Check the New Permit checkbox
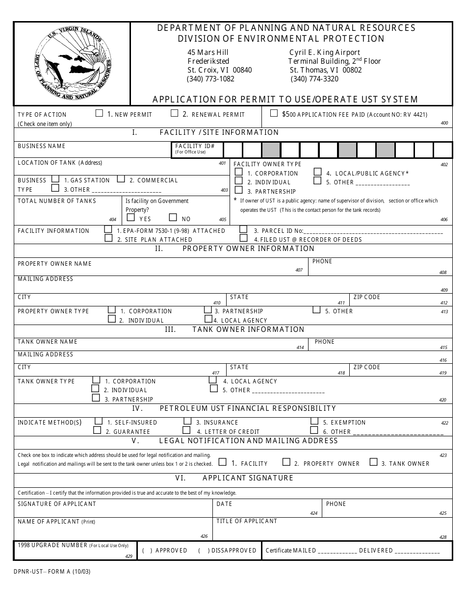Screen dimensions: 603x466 [99, 113]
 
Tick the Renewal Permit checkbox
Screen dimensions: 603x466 [174, 113]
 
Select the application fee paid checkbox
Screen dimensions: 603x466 [274, 113]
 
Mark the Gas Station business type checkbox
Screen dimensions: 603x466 [56, 179]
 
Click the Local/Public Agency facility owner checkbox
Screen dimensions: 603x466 [317, 173]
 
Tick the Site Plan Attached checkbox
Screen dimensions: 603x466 [108, 238]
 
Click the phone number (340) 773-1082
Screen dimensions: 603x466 [210, 78]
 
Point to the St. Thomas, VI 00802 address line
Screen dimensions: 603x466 [325, 70]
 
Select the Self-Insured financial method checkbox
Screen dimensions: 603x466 [98, 421]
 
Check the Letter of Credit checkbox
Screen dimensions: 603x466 [186, 430]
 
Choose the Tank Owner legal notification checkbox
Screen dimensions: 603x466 [374, 462]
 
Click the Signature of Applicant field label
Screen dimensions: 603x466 [57, 504]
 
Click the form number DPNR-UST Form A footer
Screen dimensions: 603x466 [45, 572]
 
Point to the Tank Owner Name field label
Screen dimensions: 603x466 [48, 342]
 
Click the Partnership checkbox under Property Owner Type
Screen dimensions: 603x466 [208, 310]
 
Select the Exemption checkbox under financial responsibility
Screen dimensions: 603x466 [314, 421]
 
